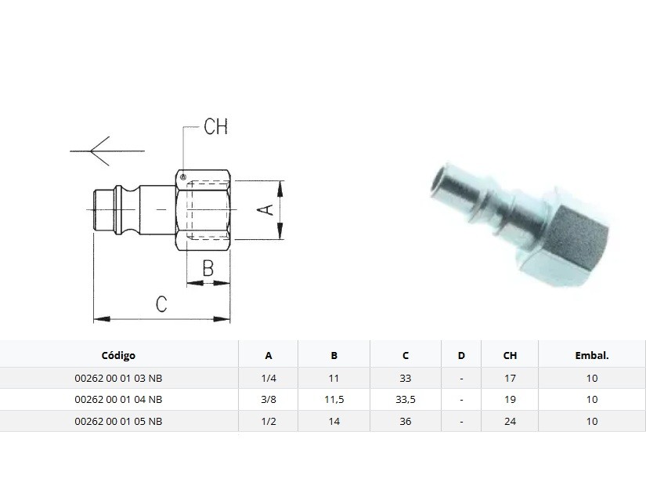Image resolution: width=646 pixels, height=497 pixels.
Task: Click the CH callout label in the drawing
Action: point(215,127)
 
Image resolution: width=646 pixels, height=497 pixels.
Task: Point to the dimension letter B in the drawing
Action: point(208,268)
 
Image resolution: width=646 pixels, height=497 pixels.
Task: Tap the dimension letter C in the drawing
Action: point(161,304)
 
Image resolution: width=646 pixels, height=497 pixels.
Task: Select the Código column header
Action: point(118,356)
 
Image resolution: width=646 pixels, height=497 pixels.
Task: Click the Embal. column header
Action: point(592,356)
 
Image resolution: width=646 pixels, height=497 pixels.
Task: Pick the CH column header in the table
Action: point(510,356)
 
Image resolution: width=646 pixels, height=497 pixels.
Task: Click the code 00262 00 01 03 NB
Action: point(118,378)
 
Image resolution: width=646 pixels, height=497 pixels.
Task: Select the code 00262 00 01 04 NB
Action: point(118,399)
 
